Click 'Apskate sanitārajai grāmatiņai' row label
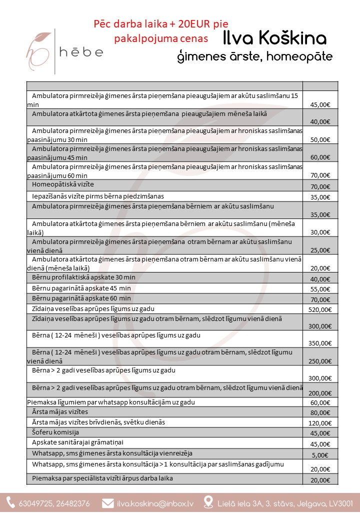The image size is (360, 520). pos(77,442)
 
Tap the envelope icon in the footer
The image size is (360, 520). pos(107,503)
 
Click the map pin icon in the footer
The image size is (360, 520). pos(209,503)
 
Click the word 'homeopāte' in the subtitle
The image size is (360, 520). pos(299,56)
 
